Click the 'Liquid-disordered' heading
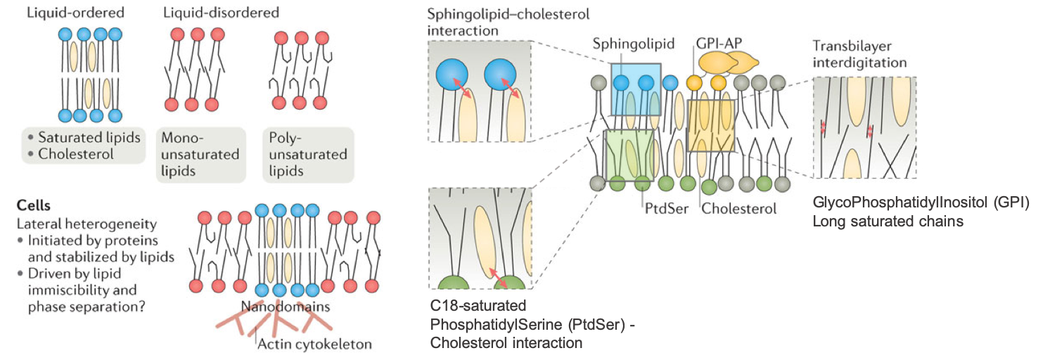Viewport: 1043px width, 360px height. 221,13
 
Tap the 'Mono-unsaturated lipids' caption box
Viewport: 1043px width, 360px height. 200,155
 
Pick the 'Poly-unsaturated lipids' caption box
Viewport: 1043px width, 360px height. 307,155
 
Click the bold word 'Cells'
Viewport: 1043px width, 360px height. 34,207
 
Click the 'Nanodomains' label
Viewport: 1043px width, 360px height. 285,307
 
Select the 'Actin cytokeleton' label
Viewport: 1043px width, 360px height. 314,344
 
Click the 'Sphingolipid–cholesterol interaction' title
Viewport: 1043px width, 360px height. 508,22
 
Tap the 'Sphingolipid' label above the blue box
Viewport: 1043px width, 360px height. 633,44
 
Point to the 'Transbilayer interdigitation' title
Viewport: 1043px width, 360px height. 859,54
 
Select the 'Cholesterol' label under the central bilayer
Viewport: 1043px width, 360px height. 739,208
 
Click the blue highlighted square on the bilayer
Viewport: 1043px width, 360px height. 636,89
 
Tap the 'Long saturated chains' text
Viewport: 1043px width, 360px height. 888,221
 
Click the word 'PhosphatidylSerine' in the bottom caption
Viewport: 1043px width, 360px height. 492,325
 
